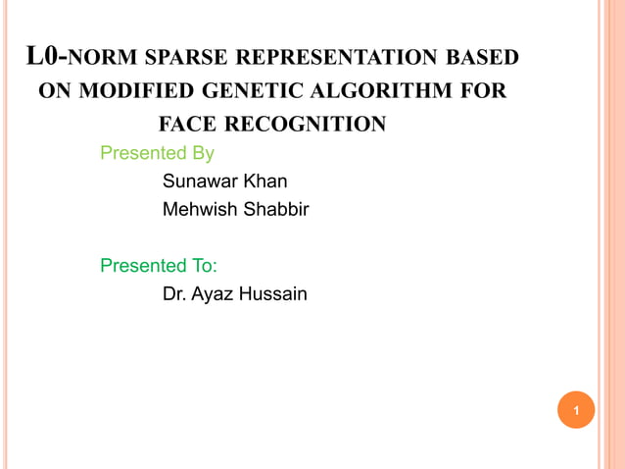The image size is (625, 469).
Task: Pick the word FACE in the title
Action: (x=189, y=125)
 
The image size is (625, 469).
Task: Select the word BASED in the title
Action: (x=479, y=58)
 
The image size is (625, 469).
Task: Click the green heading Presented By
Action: (x=158, y=153)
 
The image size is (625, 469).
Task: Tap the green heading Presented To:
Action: (x=160, y=265)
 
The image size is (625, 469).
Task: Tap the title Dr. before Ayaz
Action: (x=174, y=292)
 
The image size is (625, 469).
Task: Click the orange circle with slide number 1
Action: (x=576, y=410)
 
